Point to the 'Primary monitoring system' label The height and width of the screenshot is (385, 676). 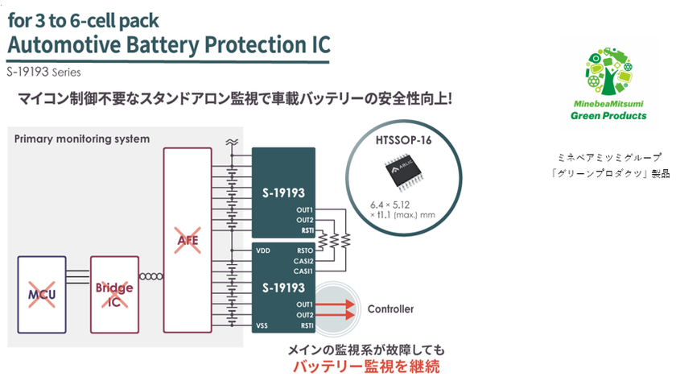pyautogui.click(x=82, y=139)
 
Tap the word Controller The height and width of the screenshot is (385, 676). pyautogui.click(x=390, y=308)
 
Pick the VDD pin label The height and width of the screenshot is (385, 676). pyautogui.click(x=263, y=250)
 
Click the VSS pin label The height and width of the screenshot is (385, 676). pyautogui.click(x=262, y=326)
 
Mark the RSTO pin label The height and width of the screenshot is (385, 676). pyautogui.click(x=304, y=250)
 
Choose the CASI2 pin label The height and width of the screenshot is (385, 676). pyautogui.click(x=303, y=261)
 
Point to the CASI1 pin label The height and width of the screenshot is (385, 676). pyautogui.click(x=303, y=271)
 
